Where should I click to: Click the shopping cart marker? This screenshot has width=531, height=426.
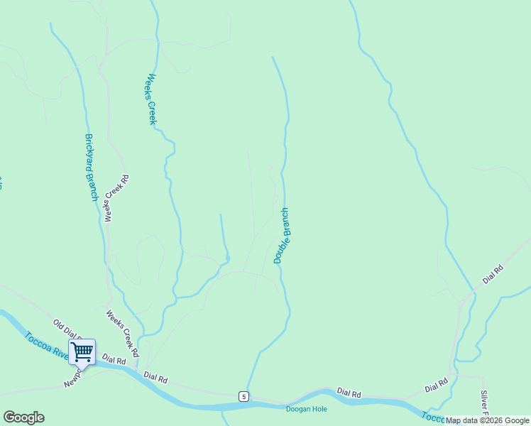point(82,351)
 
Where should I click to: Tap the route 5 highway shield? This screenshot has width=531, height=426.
point(243,395)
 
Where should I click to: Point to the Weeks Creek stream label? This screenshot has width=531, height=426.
point(151,100)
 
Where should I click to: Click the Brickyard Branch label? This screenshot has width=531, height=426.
point(91,168)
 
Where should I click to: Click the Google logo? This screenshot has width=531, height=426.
point(23,417)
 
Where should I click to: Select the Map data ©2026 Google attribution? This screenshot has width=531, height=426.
point(488,420)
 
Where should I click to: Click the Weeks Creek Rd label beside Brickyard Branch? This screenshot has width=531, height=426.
point(116,198)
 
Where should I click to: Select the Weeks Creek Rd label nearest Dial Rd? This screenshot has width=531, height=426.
point(123,333)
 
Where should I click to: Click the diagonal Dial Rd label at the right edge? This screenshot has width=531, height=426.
point(493,274)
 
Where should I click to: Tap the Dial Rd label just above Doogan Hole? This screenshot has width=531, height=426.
point(349,393)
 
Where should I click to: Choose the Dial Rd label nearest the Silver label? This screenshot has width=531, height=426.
point(437,386)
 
